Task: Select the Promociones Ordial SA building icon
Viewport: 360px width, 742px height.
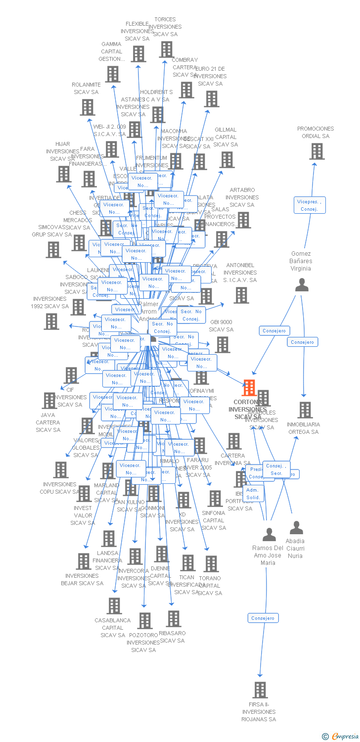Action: coord(317,151)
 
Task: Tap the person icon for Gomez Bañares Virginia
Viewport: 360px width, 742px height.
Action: coord(302,285)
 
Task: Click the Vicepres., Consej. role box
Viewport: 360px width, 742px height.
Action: coord(310,205)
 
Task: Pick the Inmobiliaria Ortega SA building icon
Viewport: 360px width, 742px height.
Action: coord(305,410)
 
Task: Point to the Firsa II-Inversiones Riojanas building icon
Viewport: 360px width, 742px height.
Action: coord(260,690)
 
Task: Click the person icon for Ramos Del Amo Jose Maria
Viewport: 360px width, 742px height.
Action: coord(269,535)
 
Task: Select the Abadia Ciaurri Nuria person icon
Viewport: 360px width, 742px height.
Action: coord(296,528)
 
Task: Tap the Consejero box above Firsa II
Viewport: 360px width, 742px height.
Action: coord(263,618)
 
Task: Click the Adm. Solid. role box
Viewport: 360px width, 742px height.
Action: coord(253,494)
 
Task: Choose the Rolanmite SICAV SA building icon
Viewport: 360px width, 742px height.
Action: coord(88,107)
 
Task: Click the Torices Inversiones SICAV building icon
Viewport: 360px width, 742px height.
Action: coord(167,49)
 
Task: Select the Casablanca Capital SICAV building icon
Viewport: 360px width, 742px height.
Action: coord(114,606)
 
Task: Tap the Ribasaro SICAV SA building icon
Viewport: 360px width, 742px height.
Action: coord(174,618)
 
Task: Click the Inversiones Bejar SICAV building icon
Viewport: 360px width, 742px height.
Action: coord(84,561)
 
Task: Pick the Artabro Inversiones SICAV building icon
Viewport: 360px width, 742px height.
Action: coord(244,220)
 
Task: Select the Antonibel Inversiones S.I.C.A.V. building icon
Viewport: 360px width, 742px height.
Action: coord(241,295)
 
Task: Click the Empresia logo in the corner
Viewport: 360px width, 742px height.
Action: coord(340,737)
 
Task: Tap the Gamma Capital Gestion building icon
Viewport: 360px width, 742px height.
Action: coord(113,74)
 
